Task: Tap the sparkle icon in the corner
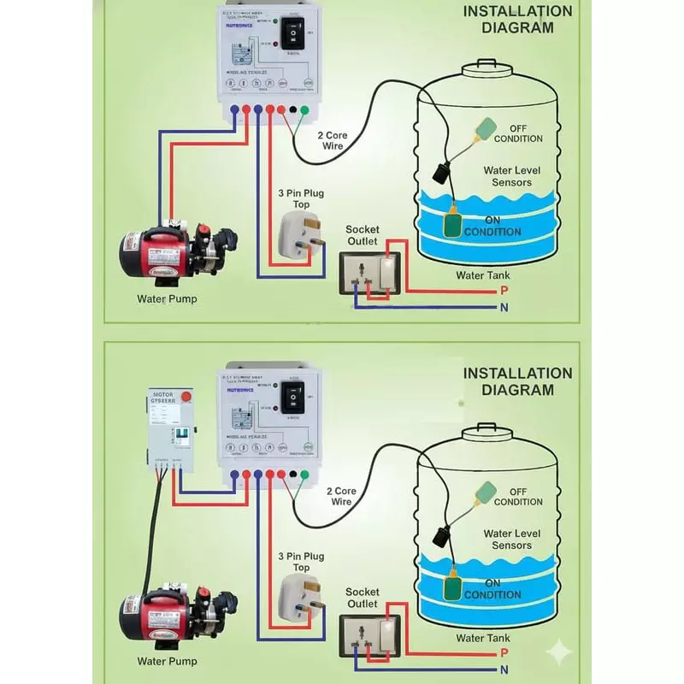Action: pos(560,652)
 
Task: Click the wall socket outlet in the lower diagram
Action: pos(374,636)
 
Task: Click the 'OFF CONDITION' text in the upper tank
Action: pos(518,133)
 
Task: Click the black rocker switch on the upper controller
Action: pos(293,35)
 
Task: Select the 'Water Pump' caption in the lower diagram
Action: pos(168,662)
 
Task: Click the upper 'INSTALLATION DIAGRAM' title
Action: pos(517,19)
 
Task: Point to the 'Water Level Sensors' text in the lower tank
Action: pos(512,540)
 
